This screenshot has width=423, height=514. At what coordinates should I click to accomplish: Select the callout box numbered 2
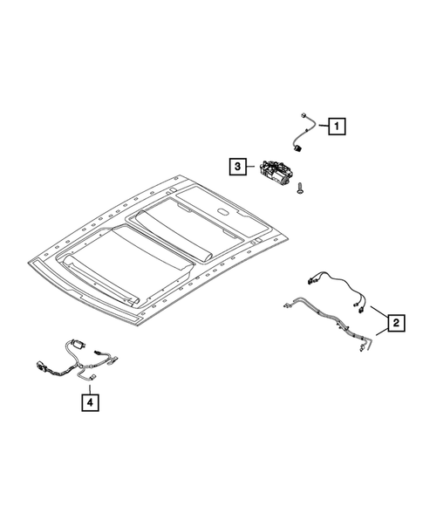(395, 324)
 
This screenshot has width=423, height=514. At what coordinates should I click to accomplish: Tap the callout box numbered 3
(236, 164)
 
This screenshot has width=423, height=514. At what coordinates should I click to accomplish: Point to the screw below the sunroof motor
(299, 186)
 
